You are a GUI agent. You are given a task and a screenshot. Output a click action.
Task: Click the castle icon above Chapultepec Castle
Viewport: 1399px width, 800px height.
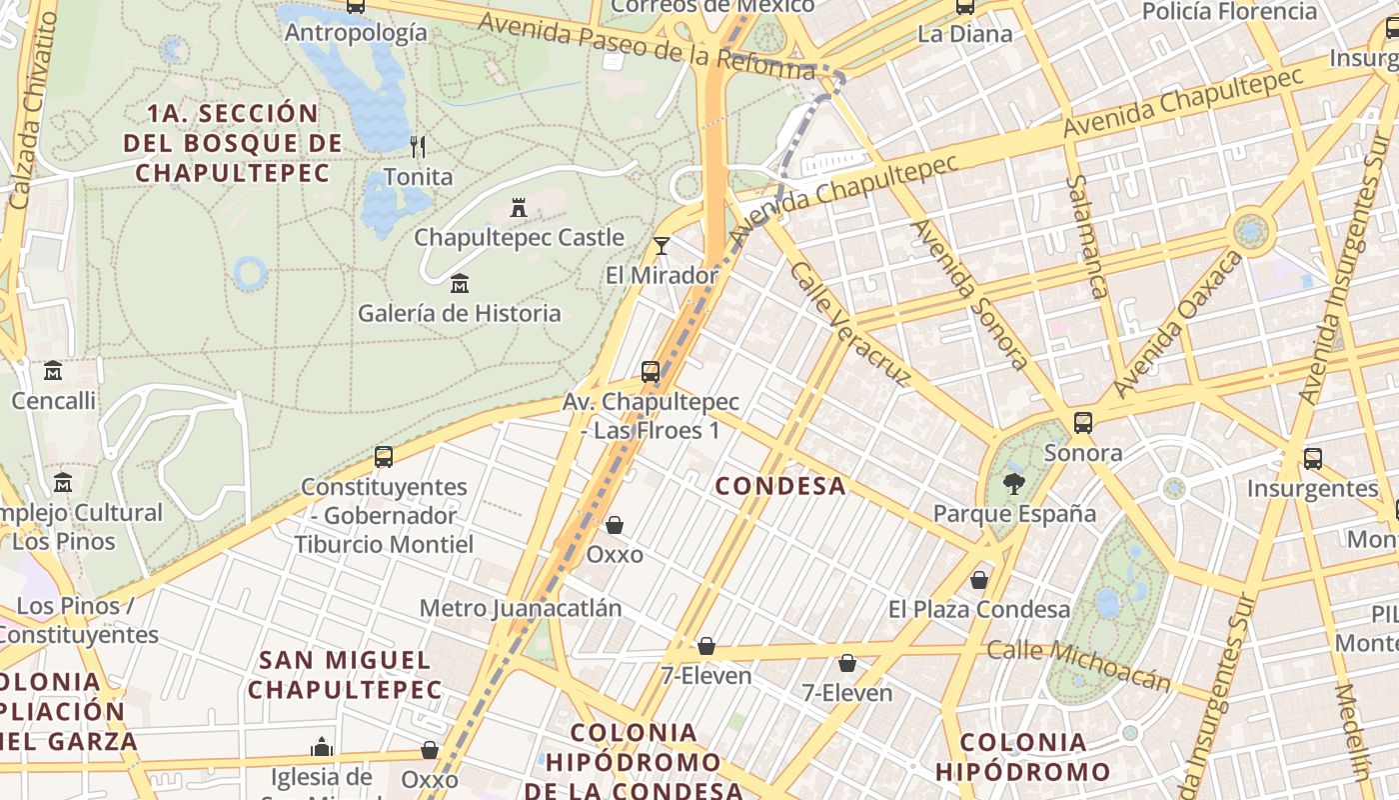[x=519, y=208]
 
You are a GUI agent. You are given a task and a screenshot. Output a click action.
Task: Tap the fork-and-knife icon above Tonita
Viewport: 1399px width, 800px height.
[x=418, y=147]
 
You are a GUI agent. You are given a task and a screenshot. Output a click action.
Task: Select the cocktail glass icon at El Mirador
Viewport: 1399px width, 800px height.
[x=661, y=245]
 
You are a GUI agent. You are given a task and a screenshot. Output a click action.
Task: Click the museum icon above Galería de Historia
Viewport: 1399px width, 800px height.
[x=460, y=284]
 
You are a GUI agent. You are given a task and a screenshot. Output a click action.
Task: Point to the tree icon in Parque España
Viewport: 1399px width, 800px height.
[x=1014, y=484]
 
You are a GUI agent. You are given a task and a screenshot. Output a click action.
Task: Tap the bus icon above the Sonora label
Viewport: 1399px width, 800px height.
[x=1083, y=423]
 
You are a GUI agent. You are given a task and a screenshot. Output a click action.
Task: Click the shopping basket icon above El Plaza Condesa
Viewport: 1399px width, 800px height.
[x=979, y=580]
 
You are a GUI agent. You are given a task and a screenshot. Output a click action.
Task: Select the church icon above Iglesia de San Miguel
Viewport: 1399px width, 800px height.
[x=322, y=747]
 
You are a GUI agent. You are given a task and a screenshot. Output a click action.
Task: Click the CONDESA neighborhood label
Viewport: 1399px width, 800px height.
[x=780, y=487]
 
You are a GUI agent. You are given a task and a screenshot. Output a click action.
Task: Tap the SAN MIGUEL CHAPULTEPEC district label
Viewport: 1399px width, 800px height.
[x=345, y=675]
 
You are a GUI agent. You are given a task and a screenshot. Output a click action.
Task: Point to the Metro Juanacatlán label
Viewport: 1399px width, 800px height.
[x=521, y=608]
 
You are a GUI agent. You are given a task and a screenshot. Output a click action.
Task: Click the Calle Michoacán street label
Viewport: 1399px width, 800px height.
[x=1079, y=665]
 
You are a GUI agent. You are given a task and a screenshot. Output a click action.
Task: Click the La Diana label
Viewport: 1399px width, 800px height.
[x=964, y=34]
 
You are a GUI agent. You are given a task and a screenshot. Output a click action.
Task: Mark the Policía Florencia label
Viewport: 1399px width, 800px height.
[x=1243, y=12]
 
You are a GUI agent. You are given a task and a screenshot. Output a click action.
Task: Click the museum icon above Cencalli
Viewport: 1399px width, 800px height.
[x=53, y=371]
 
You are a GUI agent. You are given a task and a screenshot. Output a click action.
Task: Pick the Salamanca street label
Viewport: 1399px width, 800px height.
[x=1087, y=237]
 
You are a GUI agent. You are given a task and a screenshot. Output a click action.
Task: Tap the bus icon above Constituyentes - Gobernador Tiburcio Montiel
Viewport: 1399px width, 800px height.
[x=384, y=457]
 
